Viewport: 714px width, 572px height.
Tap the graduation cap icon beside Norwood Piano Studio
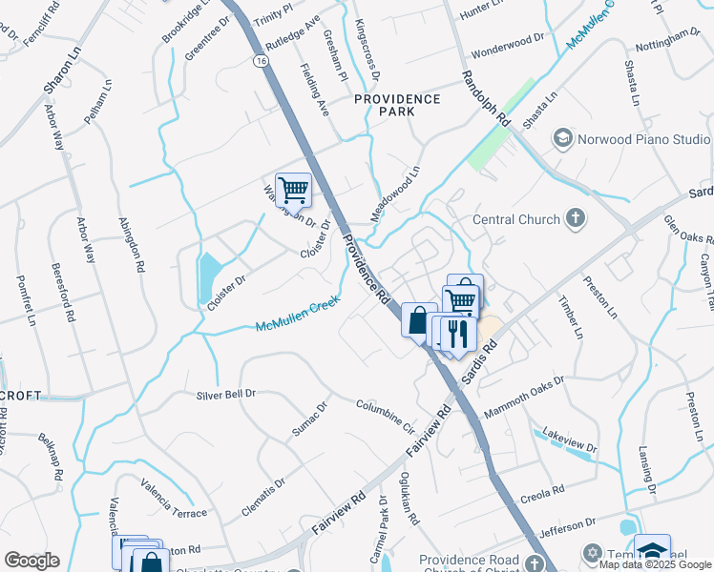[562, 139]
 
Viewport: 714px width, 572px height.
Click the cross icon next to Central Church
[575, 219]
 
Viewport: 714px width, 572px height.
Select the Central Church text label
[516, 220]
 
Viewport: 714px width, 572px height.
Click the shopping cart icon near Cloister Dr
[293, 189]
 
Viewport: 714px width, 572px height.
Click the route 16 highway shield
[260, 60]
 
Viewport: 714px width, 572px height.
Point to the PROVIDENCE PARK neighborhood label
[397, 105]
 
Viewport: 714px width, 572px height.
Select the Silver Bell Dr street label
[226, 394]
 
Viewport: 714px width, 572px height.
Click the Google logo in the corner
[31, 561]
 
